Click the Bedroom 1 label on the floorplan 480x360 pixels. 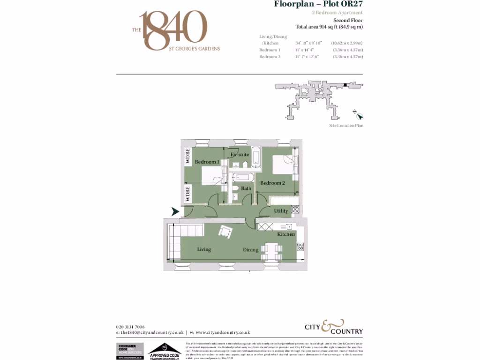207,162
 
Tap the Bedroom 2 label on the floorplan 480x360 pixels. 273,183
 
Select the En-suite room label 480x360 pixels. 240,154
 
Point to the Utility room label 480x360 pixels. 281,211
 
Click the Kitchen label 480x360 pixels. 286,234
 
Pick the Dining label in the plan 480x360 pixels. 250,250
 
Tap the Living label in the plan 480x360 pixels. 204,249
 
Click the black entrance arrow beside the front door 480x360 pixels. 175,211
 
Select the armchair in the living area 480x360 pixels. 226,232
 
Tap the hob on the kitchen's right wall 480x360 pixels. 300,246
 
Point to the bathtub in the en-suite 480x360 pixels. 256,157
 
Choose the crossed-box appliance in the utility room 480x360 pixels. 295,210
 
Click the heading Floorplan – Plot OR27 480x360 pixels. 318,5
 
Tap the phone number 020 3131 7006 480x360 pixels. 130,327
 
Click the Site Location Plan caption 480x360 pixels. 346,126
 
